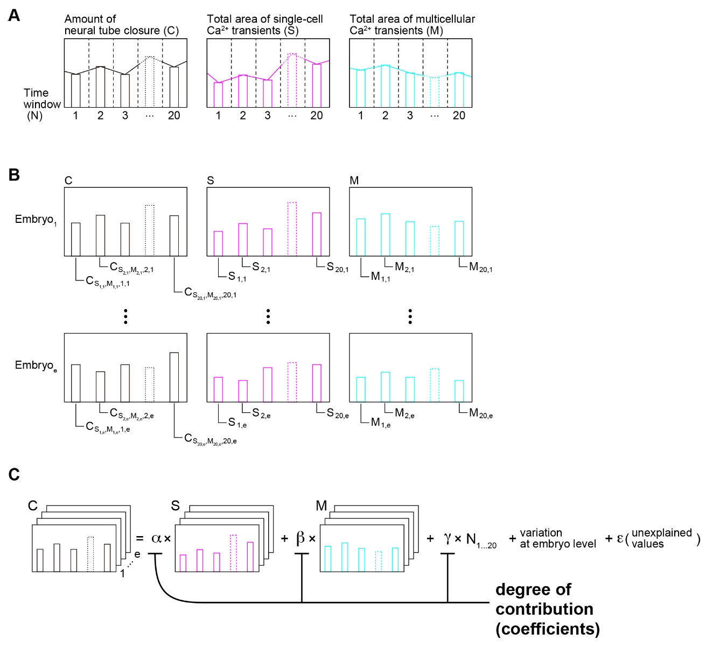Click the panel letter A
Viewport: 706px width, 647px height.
coord(14,16)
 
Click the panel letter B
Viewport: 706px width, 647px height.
coord(14,175)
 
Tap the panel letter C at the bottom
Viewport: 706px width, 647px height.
coord(14,474)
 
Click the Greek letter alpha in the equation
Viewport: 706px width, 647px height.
coord(156,538)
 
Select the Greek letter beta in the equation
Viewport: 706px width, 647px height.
coord(300,538)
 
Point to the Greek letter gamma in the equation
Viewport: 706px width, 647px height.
coord(447,538)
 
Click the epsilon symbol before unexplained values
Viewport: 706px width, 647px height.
coord(620,538)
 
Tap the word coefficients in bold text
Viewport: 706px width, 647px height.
coord(548,629)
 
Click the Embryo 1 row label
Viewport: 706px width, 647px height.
coord(36,220)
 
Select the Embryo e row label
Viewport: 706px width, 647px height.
coord(36,365)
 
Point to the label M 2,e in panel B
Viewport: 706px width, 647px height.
coord(404,413)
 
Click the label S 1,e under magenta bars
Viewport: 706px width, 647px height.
coord(237,423)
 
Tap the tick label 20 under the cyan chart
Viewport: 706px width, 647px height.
coord(459,115)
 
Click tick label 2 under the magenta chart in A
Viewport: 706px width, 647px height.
coord(243,115)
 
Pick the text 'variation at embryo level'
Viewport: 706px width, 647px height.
coord(557,538)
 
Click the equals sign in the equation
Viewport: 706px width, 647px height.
coord(140,538)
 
